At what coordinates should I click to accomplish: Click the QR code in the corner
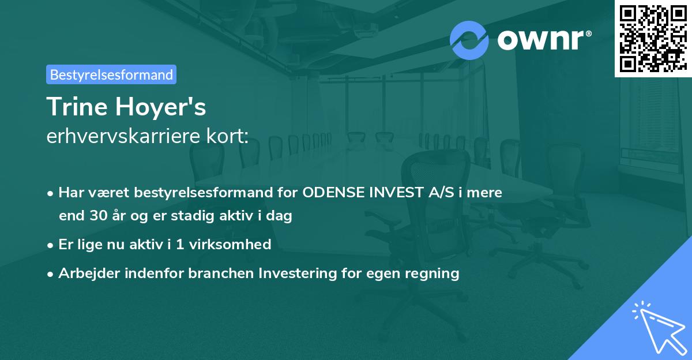(653, 38)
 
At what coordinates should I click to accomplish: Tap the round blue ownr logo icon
(469, 39)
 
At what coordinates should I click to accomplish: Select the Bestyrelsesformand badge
(111, 74)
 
